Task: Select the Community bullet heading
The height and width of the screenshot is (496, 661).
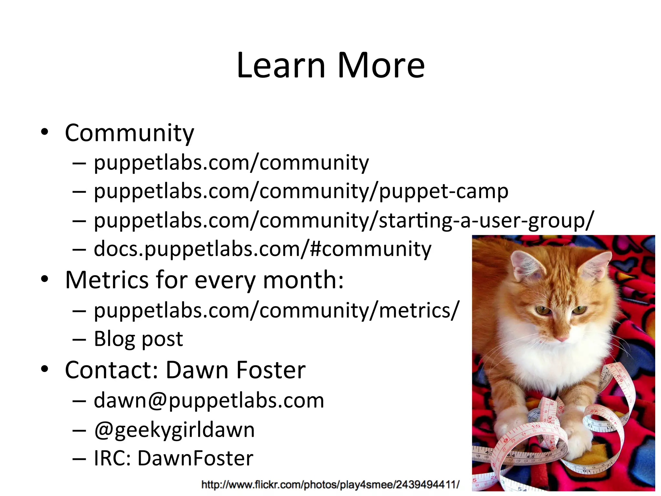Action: [129, 133]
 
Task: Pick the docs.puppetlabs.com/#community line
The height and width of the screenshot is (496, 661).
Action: [262, 249]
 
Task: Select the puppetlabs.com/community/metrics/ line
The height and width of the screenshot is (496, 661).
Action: [276, 310]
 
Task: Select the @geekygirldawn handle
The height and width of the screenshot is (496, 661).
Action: [174, 430]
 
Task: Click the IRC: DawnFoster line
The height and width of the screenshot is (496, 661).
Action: [173, 458]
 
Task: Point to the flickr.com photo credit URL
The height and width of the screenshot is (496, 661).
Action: [330, 484]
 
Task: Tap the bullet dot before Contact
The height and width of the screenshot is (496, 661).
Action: [45, 369]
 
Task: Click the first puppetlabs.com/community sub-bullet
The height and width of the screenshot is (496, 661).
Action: [231, 162]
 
